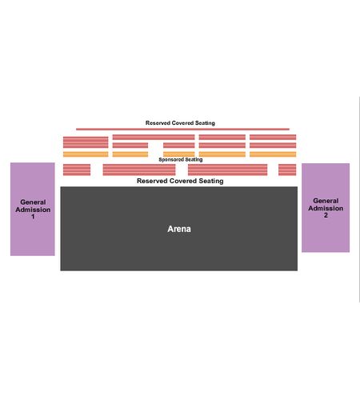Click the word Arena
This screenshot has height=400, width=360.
pos(179,229)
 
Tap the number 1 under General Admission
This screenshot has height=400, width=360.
pos(33,217)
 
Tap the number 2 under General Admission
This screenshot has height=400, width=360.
pos(326,215)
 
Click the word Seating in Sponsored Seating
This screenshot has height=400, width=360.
pos(194,159)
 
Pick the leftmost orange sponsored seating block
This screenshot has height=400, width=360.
pos(86,154)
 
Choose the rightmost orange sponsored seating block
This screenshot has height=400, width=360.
pos(273,154)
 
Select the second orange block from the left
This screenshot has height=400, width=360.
pos(130,154)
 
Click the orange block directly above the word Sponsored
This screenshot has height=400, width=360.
pos(179,154)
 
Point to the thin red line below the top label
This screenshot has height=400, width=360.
pos(182,129)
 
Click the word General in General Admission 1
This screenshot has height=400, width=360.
pos(33,202)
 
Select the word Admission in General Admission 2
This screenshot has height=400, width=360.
pos(326,208)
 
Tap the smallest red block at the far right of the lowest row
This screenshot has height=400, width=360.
pos(287,170)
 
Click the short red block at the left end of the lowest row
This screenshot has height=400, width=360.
pos(77,170)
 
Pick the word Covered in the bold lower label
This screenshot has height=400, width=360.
pos(182,181)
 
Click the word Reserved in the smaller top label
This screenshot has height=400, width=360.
pos(158,123)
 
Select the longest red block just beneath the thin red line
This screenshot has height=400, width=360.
pos(154,138)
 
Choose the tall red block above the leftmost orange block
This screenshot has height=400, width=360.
pos(86,142)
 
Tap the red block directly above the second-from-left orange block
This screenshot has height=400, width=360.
pos(130,146)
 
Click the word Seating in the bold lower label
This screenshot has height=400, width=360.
pos(211,181)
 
